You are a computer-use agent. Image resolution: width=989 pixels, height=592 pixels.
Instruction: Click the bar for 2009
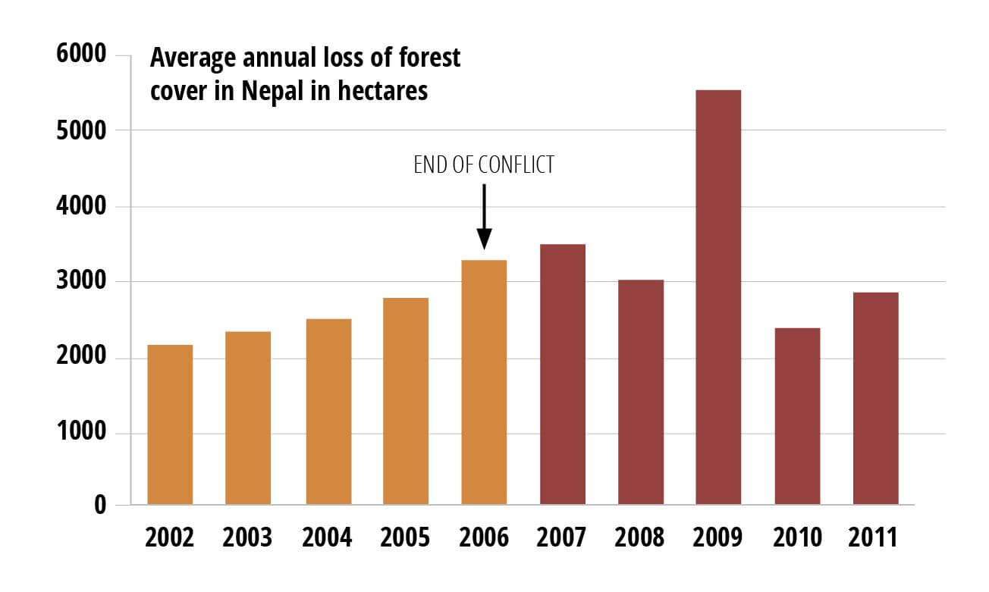click(x=717, y=297)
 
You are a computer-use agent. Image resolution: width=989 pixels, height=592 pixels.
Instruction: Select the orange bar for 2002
click(x=170, y=424)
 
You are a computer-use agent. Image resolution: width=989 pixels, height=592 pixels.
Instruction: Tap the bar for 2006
click(x=484, y=382)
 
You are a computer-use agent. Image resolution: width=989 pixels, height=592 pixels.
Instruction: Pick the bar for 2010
click(x=797, y=416)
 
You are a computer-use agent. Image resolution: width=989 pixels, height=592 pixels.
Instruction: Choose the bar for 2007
click(x=562, y=374)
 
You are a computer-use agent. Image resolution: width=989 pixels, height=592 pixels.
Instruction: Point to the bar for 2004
click(x=328, y=412)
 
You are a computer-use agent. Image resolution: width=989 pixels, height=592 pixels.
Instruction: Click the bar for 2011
click(x=875, y=399)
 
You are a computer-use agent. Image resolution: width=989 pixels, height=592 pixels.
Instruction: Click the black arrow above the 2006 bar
click(x=484, y=216)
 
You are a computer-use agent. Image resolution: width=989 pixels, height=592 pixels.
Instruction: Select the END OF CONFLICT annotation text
click(x=484, y=165)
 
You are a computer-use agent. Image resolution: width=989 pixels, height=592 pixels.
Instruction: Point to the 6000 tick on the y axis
click(x=83, y=57)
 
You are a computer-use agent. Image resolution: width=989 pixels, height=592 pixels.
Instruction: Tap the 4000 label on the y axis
click(x=83, y=207)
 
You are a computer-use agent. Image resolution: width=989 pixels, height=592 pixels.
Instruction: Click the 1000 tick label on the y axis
click(x=83, y=434)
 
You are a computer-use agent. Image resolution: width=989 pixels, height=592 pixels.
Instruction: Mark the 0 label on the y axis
click(x=100, y=506)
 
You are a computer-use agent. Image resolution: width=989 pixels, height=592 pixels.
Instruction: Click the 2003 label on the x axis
click(x=248, y=537)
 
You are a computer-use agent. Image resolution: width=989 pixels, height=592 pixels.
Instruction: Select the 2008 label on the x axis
click(x=640, y=537)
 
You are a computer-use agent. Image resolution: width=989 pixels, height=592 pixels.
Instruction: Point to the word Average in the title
click(x=185, y=58)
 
